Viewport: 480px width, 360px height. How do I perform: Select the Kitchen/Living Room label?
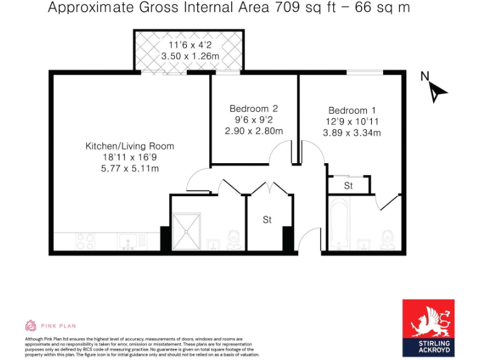tap(130, 146)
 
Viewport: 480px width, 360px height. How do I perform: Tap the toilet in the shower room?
tap(234, 238)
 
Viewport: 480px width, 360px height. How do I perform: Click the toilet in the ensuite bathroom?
tap(387, 238)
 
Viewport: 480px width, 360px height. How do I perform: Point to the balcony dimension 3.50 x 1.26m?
tap(191, 56)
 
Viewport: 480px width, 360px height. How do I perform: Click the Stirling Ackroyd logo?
tap(427, 327)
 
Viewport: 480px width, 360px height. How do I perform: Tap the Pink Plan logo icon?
tap(30, 326)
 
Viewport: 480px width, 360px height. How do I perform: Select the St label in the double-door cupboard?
tap(267, 220)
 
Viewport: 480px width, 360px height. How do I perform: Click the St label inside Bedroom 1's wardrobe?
tap(348, 186)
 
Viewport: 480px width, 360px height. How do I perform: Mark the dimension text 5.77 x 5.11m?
tap(130, 169)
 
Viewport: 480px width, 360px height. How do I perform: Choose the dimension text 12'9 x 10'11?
tap(352, 121)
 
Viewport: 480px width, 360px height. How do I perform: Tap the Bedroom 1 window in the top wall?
tap(365, 73)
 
